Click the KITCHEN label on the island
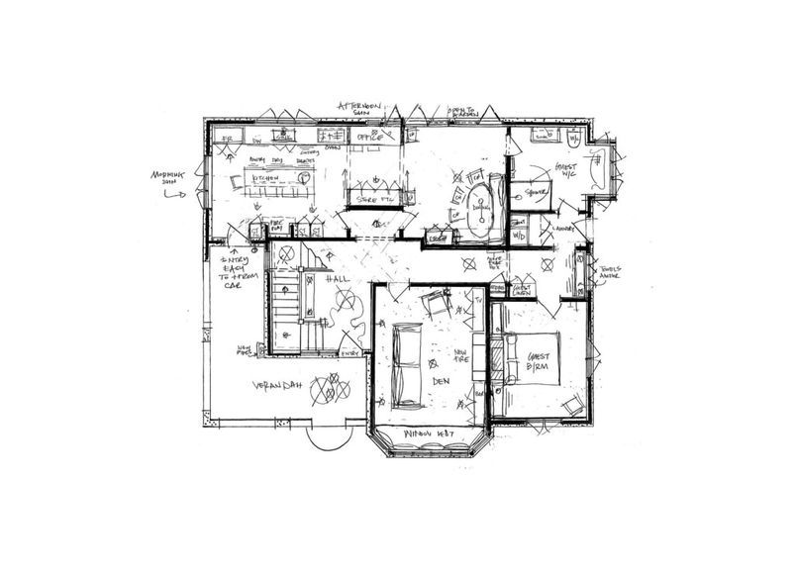[266, 178]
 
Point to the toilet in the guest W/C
[575, 138]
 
